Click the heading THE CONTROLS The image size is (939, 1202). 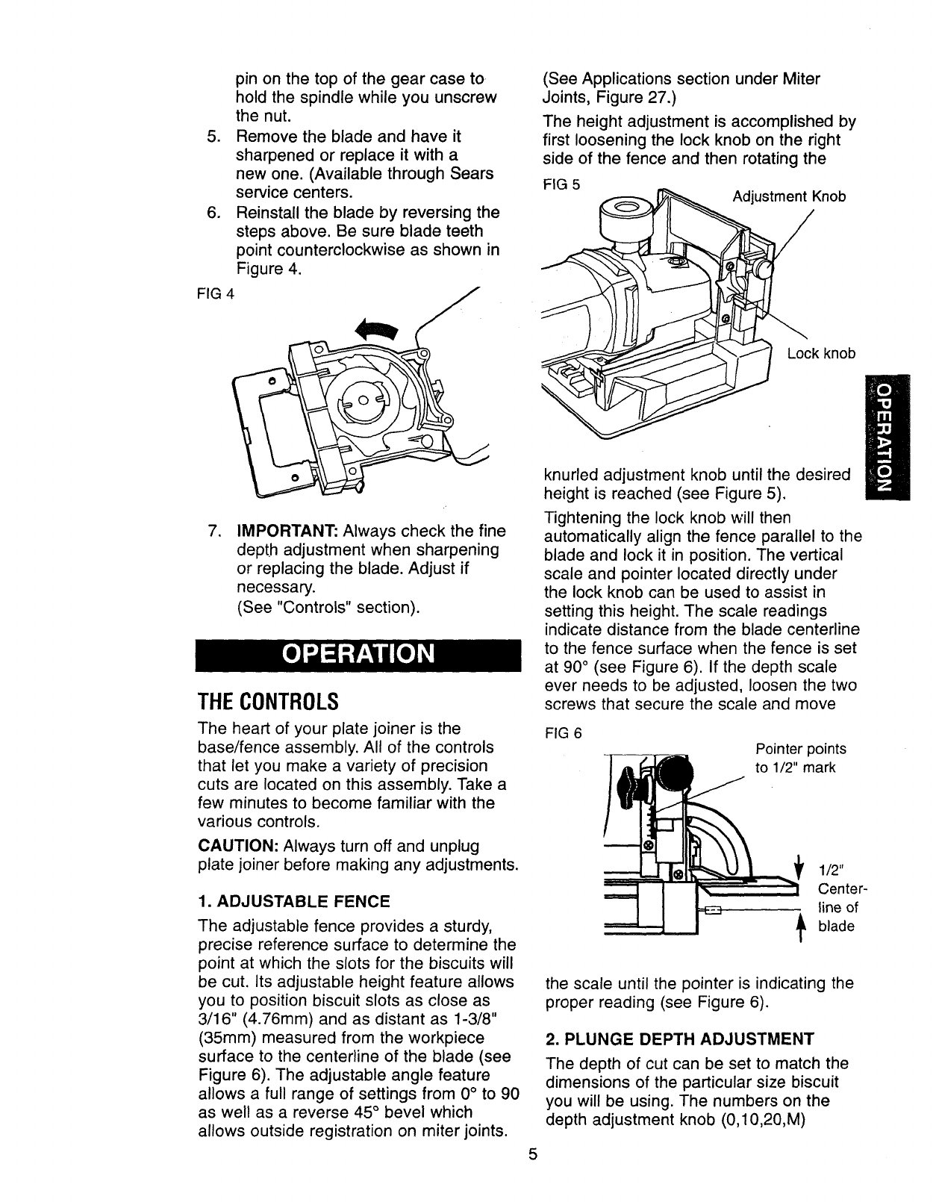pos(268,702)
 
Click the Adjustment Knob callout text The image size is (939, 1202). pos(789,196)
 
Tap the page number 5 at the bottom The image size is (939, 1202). pos(532,1175)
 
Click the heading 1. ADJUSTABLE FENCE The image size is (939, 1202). pos(294,901)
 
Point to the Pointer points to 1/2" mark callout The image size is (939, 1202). pos(800,758)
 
